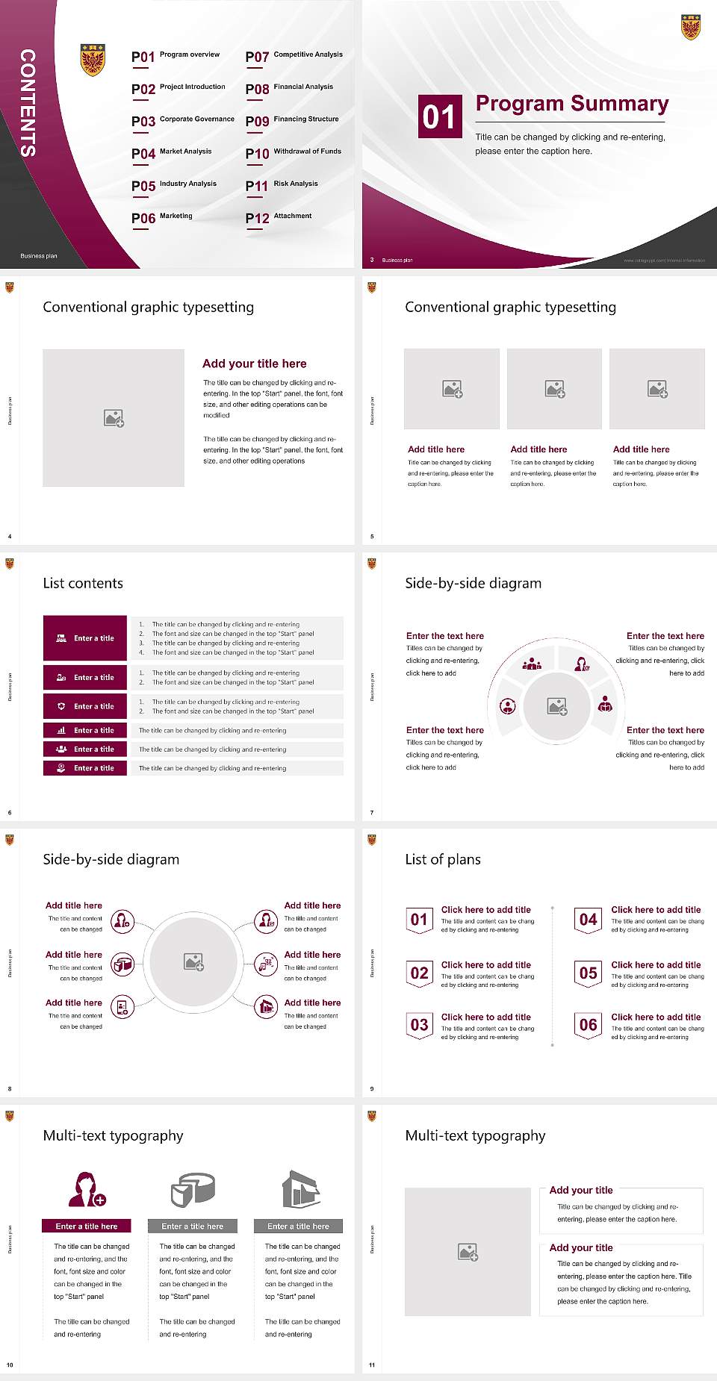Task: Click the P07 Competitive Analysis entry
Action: (294, 56)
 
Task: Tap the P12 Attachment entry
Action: (279, 217)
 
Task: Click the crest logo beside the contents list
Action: (93, 60)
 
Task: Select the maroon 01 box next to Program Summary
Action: (439, 116)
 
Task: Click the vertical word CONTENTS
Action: (28, 103)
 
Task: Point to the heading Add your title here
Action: (254, 364)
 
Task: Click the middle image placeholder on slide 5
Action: (554, 389)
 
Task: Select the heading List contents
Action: (83, 583)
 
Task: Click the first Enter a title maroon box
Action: (85, 638)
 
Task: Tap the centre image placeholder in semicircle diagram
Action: (556, 706)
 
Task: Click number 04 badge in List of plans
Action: (589, 920)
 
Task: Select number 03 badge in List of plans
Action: (419, 1025)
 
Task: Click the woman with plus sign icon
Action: (87, 1189)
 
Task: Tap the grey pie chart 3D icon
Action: (193, 1189)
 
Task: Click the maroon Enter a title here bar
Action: (87, 1226)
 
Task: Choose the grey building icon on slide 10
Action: (300, 1189)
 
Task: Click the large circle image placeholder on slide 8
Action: (193, 962)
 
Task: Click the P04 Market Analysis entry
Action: (172, 153)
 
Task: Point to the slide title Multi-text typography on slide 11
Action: (475, 1135)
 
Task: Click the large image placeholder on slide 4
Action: (114, 418)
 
